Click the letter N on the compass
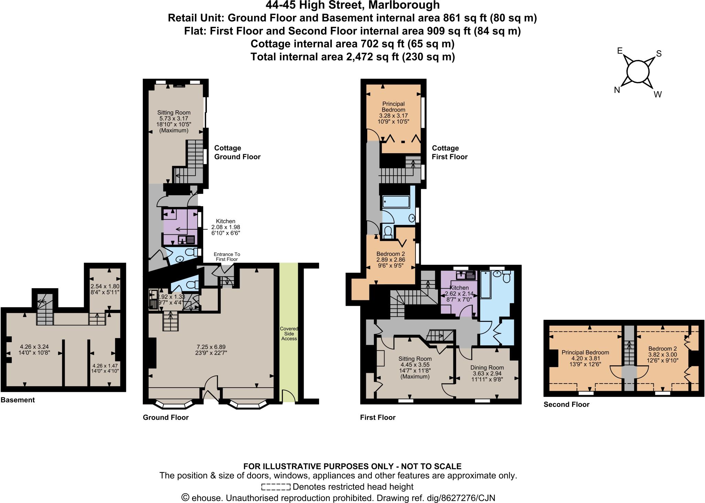pyautogui.click(x=617, y=90)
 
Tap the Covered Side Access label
pyautogui.click(x=289, y=333)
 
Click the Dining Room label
pyautogui.click(x=487, y=367)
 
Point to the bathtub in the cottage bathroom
pyautogui.click(x=396, y=201)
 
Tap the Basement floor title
pyautogui.click(x=18, y=400)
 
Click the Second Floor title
pyautogui.click(x=566, y=405)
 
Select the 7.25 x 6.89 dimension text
pyautogui.click(x=211, y=347)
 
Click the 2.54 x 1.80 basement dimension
pyautogui.click(x=105, y=286)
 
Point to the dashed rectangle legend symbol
pyautogui.click(x=276, y=487)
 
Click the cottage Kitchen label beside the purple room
pyautogui.click(x=225, y=221)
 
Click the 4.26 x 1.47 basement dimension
pyautogui.click(x=105, y=366)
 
